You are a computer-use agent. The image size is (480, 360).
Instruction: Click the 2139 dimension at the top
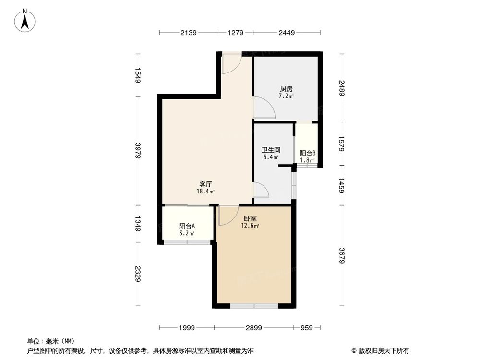click(x=188, y=33)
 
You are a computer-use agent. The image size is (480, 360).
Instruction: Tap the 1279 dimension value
click(x=235, y=33)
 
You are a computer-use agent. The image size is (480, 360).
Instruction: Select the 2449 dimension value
click(x=287, y=33)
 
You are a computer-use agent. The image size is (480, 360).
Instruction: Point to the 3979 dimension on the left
click(x=138, y=151)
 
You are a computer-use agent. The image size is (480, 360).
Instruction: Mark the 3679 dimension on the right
click(x=342, y=255)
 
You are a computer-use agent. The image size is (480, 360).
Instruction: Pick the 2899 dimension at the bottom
click(x=253, y=328)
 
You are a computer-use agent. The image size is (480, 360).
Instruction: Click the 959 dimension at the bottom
click(x=307, y=328)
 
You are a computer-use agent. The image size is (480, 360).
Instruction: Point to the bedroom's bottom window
click(x=254, y=305)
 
